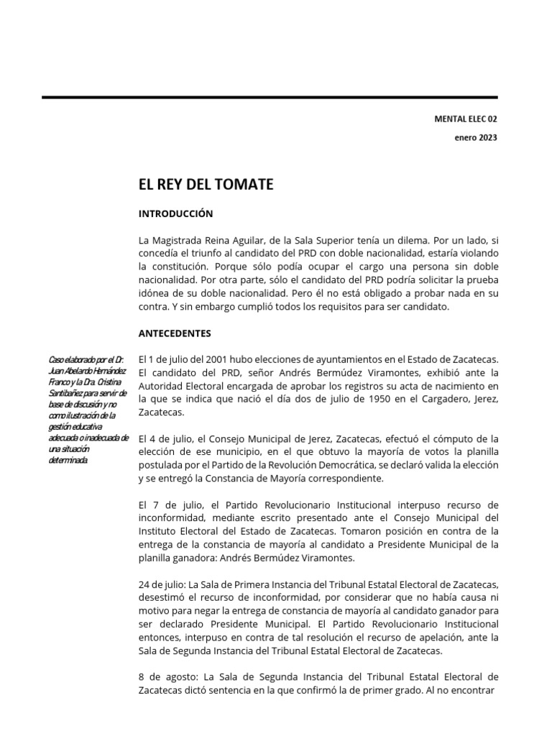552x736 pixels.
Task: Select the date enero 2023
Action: tap(475, 138)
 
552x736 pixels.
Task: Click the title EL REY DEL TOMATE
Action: tap(206, 185)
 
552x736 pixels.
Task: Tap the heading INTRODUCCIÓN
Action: tap(176, 213)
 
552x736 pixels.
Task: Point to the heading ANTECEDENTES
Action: tap(175, 333)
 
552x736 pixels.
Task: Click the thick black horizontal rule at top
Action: tap(270, 97)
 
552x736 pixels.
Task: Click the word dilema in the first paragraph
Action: tap(399, 241)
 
